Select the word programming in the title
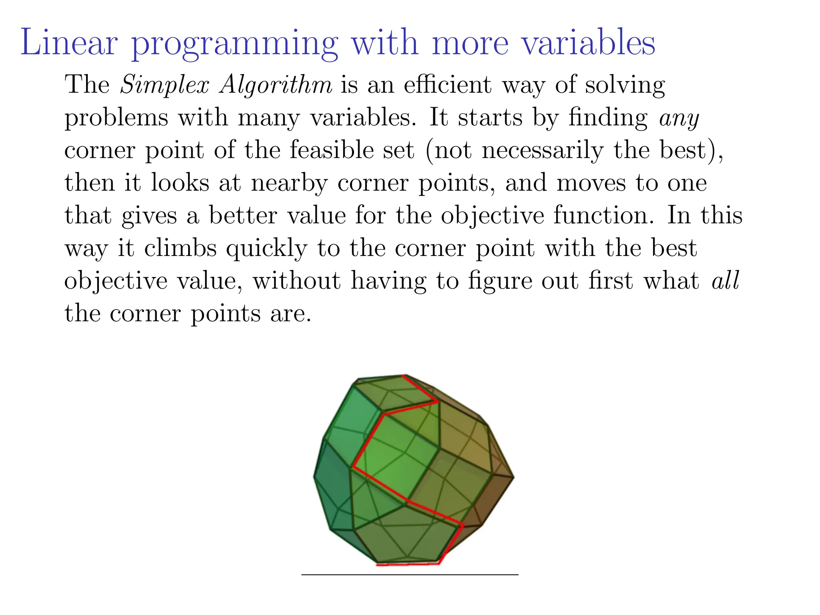point(235,44)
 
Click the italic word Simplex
point(165,85)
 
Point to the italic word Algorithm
point(276,85)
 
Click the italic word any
point(679,119)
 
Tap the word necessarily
point(543,151)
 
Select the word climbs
point(181,248)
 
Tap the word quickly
point(267,249)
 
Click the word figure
point(500,281)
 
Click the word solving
point(625,85)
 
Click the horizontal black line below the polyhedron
point(410,575)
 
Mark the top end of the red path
point(404,376)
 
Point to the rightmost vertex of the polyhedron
point(513,477)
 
